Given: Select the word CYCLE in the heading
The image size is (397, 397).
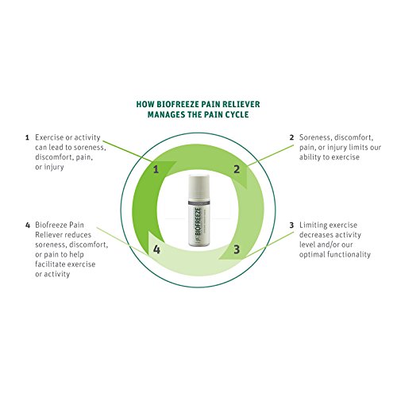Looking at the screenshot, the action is click(237, 114).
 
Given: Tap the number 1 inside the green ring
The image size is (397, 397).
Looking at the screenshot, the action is click(156, 169).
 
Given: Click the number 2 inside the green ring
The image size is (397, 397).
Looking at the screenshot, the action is click(237, 169).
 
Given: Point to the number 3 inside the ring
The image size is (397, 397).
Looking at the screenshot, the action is click(237, 249).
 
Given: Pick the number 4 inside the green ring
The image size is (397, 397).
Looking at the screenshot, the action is click(156, 249).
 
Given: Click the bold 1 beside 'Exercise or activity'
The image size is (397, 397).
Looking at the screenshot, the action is click(27, 137).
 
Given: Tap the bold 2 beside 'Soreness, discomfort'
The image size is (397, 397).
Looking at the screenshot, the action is click(291, 137).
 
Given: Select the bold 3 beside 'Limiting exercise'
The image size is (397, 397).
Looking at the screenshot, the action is click(291, 225).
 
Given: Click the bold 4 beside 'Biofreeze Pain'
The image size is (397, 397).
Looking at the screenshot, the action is click(28, 225).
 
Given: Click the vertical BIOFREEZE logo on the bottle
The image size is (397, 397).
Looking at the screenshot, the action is click(198, 220).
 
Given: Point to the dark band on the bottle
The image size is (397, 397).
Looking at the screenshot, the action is click(198, 202).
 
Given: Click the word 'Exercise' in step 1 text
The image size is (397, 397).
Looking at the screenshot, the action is click(49, 137).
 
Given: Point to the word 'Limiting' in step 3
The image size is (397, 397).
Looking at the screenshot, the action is click(313, 225).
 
